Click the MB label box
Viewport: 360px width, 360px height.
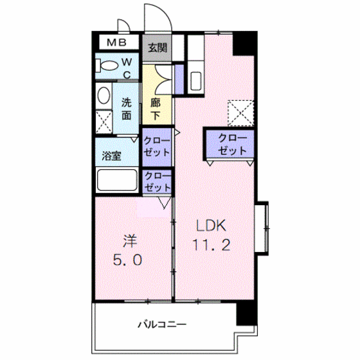(116, 44)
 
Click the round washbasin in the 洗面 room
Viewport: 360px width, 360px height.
(103, 96)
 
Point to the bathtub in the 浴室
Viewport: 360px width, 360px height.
(116, 181)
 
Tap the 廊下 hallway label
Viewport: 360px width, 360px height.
(156, 109)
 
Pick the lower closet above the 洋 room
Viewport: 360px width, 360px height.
(157, 181)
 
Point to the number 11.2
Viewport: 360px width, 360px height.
(210, 245)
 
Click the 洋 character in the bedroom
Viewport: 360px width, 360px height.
(129, 242)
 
